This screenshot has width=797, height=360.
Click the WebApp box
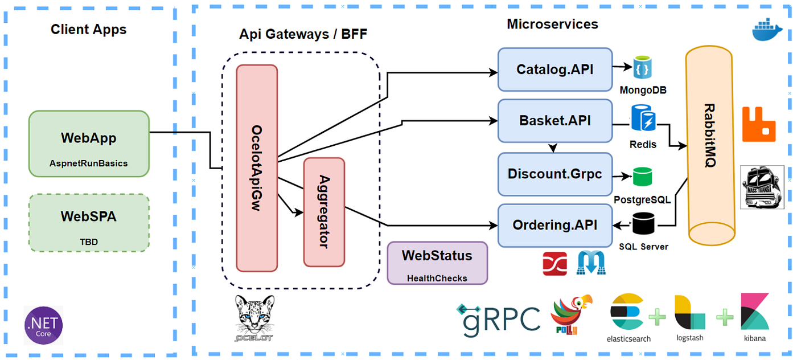point(89,144)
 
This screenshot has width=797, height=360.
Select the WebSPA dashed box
point(89,223)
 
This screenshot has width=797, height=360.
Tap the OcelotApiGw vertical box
point(257,168)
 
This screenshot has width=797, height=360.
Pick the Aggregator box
point(324,212)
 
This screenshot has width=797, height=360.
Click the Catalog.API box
point(554,69)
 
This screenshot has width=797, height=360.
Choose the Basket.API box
point(554,121)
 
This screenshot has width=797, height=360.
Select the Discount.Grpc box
point(554,174)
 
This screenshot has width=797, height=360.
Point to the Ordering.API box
point(554,225)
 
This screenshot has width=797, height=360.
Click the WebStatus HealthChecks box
point(437,263)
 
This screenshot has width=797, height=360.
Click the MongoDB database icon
point(643,67)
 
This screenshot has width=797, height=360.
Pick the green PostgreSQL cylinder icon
point(643,177)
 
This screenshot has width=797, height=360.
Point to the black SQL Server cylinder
point(643,223)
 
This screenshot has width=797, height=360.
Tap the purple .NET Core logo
point(43,325)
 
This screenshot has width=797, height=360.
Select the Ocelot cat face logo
point(254,317)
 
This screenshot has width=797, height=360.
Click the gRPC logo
point(498,318)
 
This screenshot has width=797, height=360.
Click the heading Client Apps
point(89,30)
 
